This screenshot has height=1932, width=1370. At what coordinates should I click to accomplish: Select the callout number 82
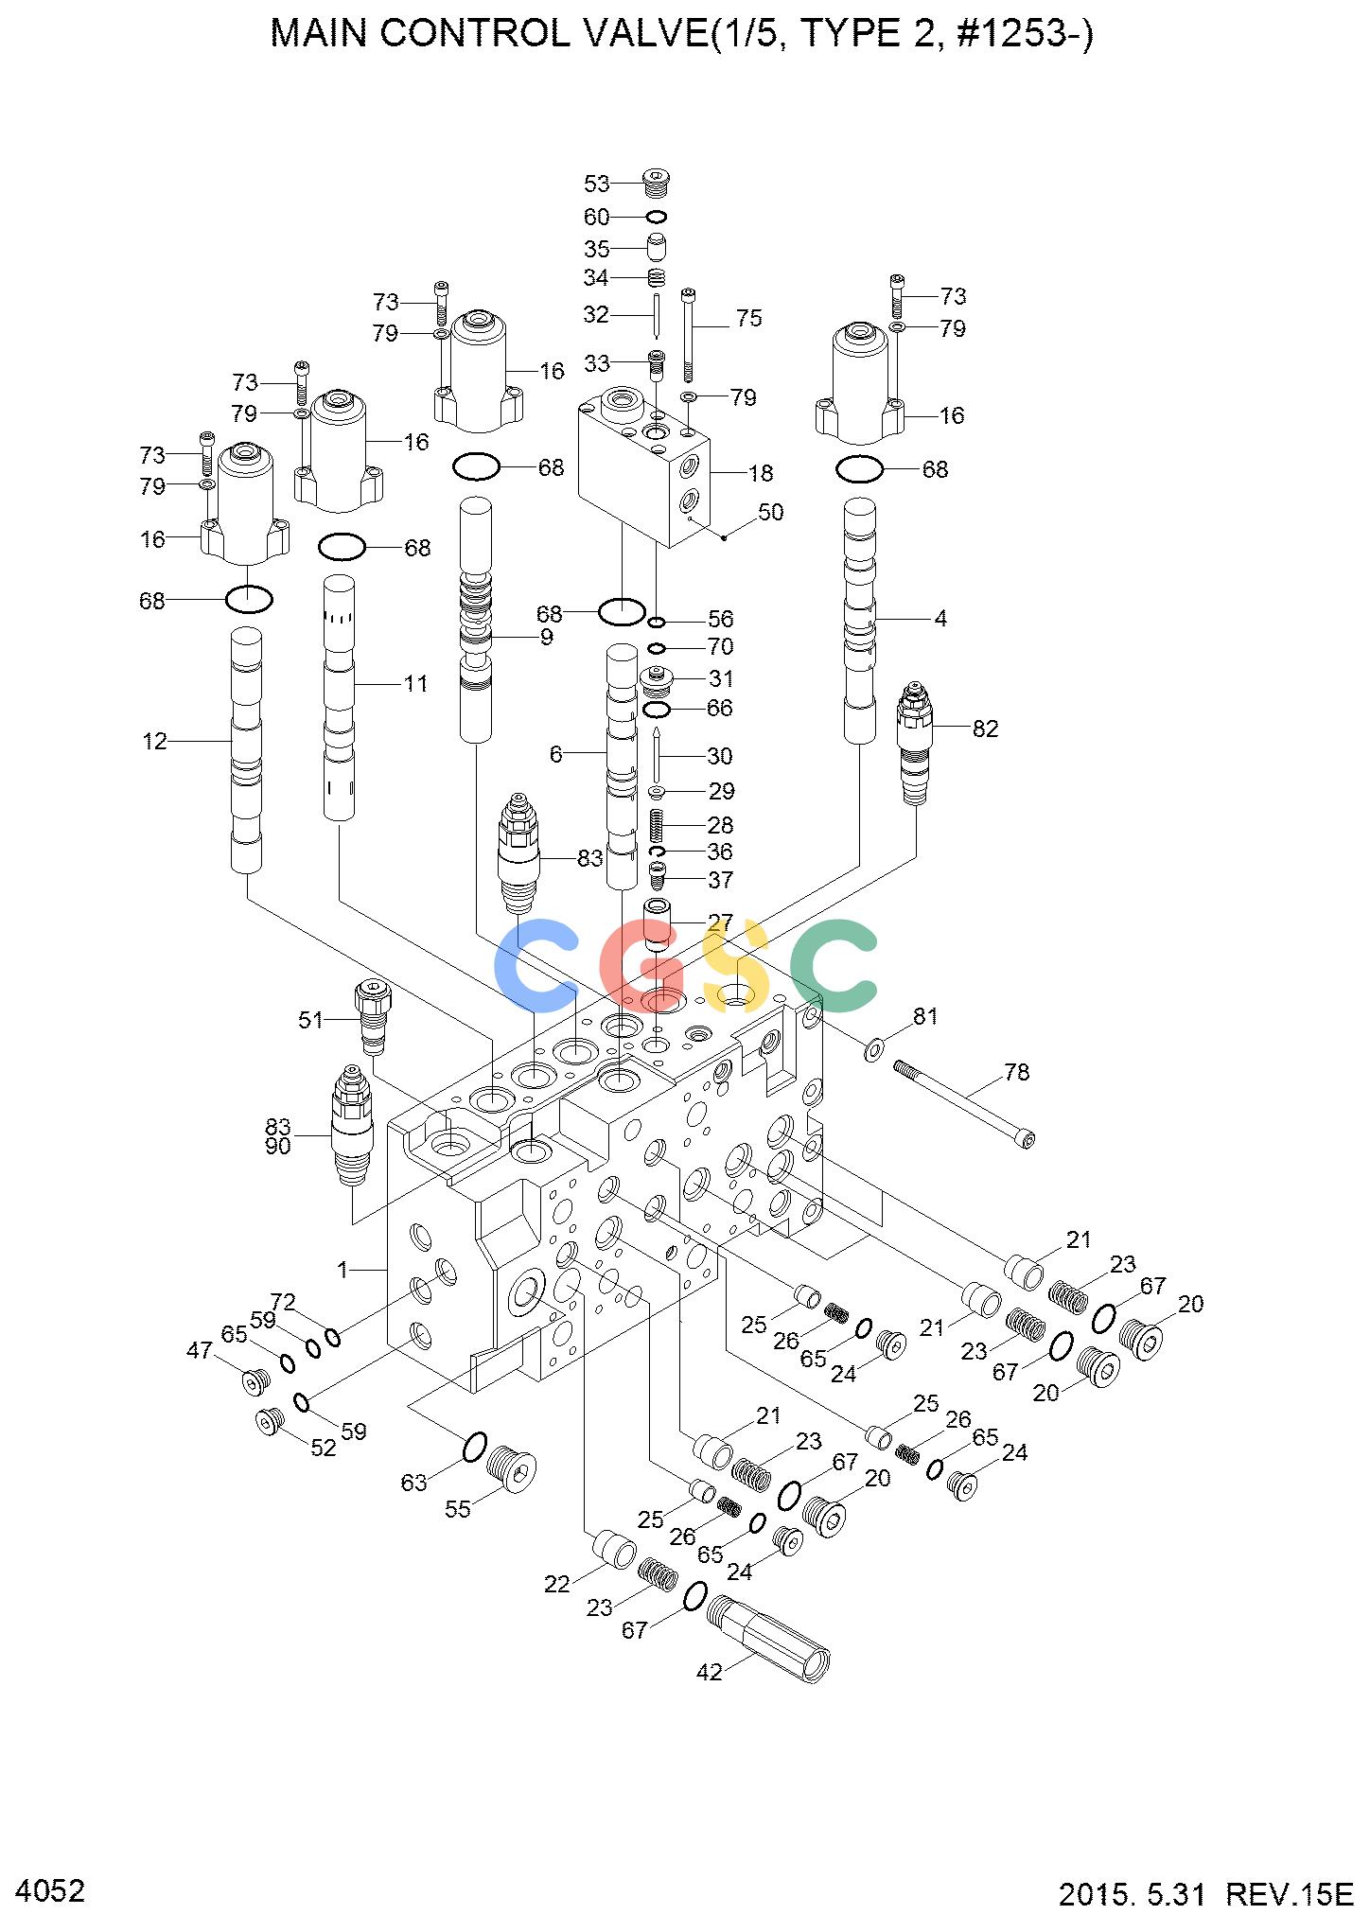(985, 729)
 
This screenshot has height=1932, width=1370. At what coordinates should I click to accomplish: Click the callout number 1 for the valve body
(343, 1270)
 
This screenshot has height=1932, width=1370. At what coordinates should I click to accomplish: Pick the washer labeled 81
(874, 1048)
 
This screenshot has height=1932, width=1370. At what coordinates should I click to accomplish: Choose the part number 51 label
(311, 1020)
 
